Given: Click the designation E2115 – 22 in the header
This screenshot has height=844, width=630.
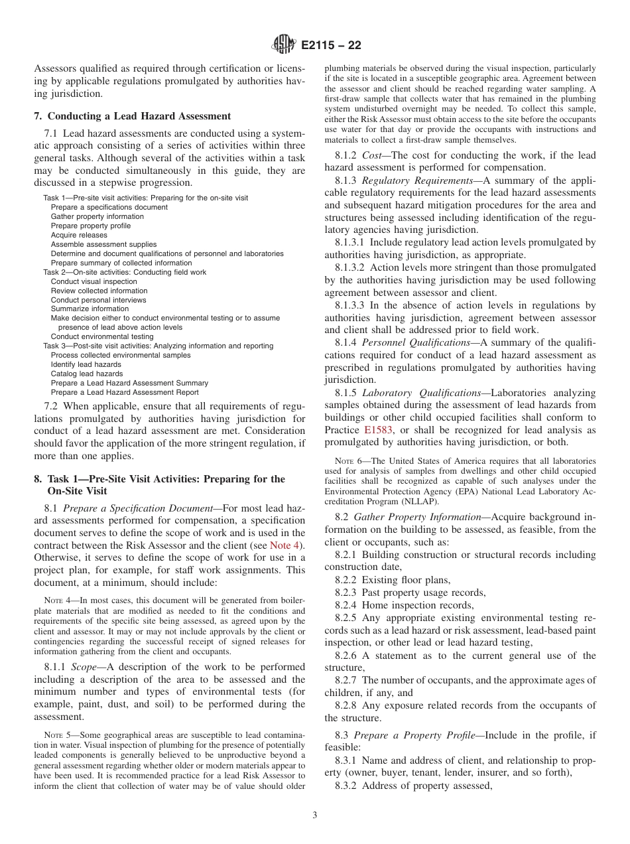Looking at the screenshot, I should coord(332,46).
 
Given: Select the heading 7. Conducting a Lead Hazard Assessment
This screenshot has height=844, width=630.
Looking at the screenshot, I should coord(132,116).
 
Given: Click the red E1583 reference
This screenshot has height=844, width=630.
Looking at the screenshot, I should coord(378,430).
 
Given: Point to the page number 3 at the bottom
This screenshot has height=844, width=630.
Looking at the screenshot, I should coord(315,815).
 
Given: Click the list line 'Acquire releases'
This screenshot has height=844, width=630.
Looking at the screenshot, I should coord(79,235).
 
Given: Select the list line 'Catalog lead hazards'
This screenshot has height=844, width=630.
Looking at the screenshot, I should coord(86,374).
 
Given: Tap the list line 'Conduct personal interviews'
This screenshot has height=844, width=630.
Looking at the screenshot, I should coord(98,300).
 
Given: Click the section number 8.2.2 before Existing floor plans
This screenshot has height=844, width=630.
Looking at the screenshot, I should coord(347,580).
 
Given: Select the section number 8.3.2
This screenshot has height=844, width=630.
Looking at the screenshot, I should coord(347,786).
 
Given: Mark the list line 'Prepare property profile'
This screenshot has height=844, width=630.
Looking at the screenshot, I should coord(91,226).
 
